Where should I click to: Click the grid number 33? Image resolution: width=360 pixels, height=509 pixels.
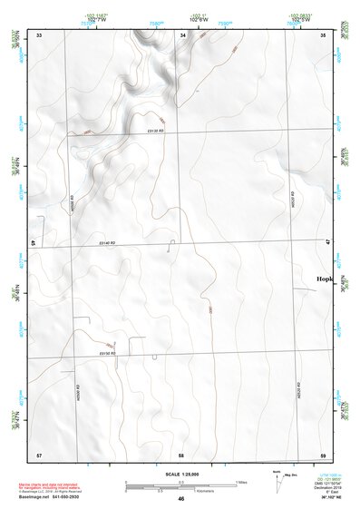point(39,35)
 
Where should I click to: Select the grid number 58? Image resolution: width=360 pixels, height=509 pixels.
point(181,454)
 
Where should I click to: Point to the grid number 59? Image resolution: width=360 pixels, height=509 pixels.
point(323,454)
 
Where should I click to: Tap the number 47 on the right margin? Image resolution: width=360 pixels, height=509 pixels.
point(328,242)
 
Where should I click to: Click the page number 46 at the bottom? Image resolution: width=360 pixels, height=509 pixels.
point(181,498)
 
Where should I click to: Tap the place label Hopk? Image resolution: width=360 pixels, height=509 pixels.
point(325,279)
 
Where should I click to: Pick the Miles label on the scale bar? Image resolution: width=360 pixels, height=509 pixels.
point(241,482)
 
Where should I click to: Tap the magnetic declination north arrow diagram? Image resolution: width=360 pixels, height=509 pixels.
point(277,479)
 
